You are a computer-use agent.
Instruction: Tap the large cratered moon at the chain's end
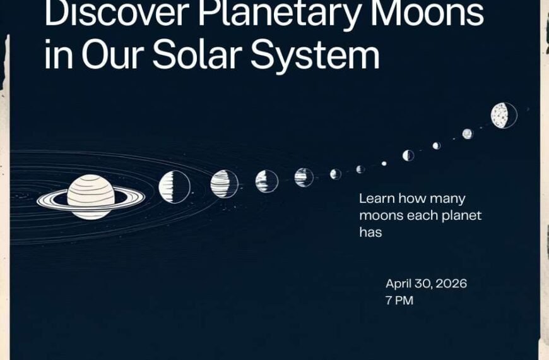(504, 116)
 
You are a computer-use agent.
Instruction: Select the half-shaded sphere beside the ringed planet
(174, 187)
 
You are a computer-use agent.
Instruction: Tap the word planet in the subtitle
(462, 216)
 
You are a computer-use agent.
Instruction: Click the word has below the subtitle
(371, 232)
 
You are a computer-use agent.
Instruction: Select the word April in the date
(400, 284)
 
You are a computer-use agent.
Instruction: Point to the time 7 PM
(399, 301)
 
